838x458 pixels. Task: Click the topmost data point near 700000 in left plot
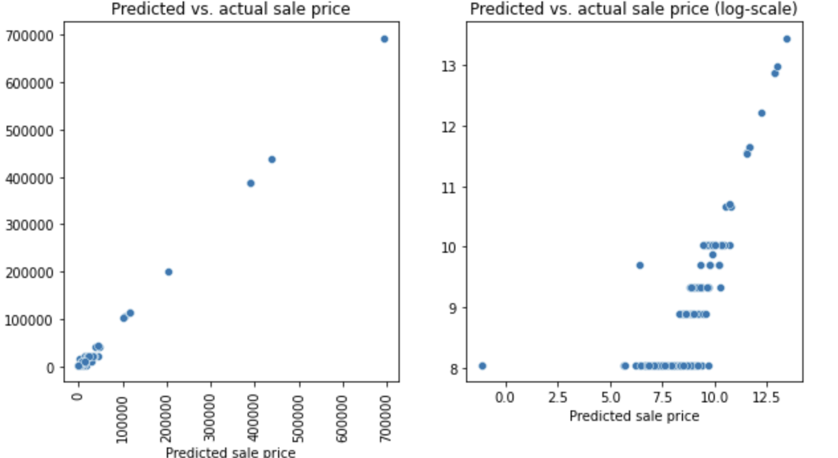(x=385, y=39)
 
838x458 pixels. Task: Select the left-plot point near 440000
(x=271, y=160)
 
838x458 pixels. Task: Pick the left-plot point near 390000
(x=251, y=183)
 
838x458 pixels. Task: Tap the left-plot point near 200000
(x=169, y=272)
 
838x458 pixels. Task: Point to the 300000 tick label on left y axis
(x=30, y=225)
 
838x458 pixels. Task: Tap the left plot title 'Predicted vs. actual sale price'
(x=230, y=9)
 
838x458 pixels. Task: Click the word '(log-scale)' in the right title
(x=759, y=9)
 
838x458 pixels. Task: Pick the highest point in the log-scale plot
(x=786, y=39)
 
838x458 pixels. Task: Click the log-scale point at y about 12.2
(x=761, y=113)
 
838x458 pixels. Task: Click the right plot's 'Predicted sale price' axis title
(x=633, y=416)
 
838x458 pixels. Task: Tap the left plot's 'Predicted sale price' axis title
(x=230, y=453)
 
